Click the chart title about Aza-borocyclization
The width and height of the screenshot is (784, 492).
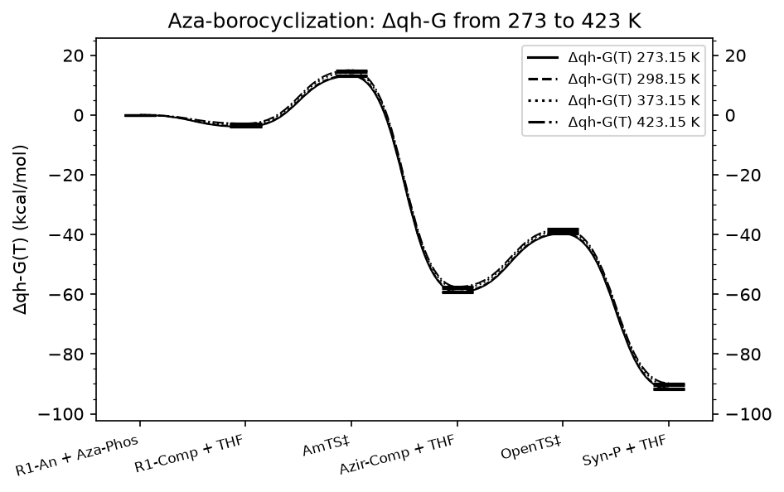tap(404, 21)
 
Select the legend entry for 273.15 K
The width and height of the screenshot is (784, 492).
tap(613, 57)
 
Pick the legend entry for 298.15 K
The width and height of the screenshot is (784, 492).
tap(613, 79)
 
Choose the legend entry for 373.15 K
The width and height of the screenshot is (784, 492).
tap(613, 100)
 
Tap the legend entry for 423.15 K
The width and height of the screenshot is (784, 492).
tap(613, 123)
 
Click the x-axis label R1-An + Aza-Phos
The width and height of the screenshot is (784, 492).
tap(76, 455)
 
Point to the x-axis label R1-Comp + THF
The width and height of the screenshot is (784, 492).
tap(189, 454)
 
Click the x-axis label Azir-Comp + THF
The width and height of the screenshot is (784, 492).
tap(398, 455)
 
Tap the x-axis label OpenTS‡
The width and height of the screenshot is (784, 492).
tap(531, 447)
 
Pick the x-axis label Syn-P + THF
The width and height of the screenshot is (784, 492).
tap(625, 451)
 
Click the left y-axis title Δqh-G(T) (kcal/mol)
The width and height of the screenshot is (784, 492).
tap(21, 229)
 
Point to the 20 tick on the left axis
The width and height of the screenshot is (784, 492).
tap(75, 55)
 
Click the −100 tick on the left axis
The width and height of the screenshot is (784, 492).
tap(63, 414)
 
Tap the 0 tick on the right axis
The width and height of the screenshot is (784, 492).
tap(730, 115)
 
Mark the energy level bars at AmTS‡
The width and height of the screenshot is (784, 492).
tap(351, 74)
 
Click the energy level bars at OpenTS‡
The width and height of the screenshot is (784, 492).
tap(563, 231)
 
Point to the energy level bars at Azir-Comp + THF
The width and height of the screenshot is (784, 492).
tap(457, 290)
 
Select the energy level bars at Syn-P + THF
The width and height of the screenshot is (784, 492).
tap(669, 387)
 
